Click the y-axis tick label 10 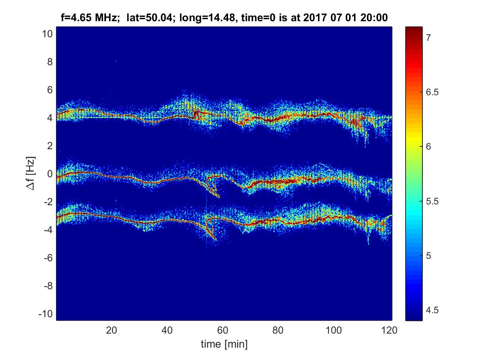click(x=46, y=34)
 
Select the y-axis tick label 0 click(x=50, y=174)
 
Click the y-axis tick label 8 click(x=50, y=62)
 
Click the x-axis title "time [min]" click(x=224, y=344)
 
